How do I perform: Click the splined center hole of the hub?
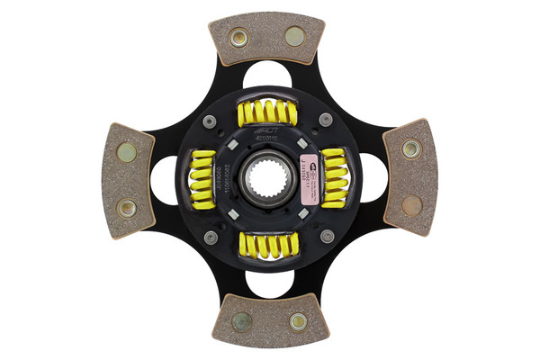coord(268,179)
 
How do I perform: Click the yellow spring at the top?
coord(267,112)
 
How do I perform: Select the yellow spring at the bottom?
coord(267,244)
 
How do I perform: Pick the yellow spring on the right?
coord(334,175)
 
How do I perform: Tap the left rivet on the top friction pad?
coord(238,38)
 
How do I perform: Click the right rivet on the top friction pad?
coord(295,36)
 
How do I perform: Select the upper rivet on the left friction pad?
coord(127,152)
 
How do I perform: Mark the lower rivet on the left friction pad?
coord(127,208)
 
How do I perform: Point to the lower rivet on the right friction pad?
coord(411,206)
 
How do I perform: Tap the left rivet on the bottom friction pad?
coord(241,320)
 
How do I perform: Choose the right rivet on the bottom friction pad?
coord(298,319)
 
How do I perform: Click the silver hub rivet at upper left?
coord(210,121)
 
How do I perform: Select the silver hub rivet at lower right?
coord(327,236)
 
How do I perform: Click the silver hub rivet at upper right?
coord(326,120)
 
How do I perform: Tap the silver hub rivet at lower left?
coord(211,238)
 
